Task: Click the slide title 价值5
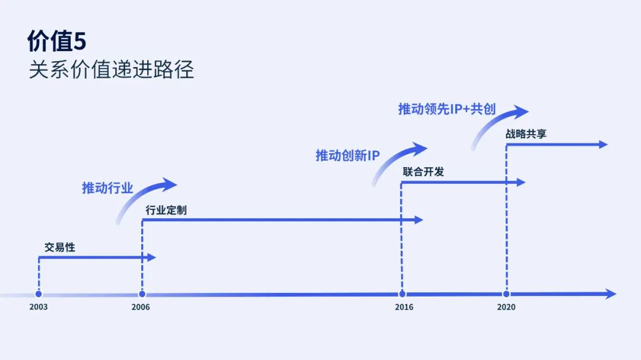coord(57,41)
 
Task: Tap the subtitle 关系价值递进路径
coord(111,70)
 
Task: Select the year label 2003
coord(39,307)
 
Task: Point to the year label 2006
coord(141,307)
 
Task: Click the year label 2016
coord(404,307)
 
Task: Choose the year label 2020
coord(506,307)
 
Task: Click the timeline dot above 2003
coord(39,294)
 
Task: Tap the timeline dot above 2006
coord(142,294)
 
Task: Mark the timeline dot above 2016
coord(402,294)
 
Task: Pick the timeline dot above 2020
coord(506,294)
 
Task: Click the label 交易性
coord(60,247)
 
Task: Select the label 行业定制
coord(166,210)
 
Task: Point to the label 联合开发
coord(423,172)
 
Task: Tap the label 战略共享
coord(526,134)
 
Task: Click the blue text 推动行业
coord(107,189)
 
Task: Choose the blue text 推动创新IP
coord(347,156)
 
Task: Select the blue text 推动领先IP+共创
coord(446,109)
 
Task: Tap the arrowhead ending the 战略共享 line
coord(603,144)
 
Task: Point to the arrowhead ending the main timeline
coord(611,294)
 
